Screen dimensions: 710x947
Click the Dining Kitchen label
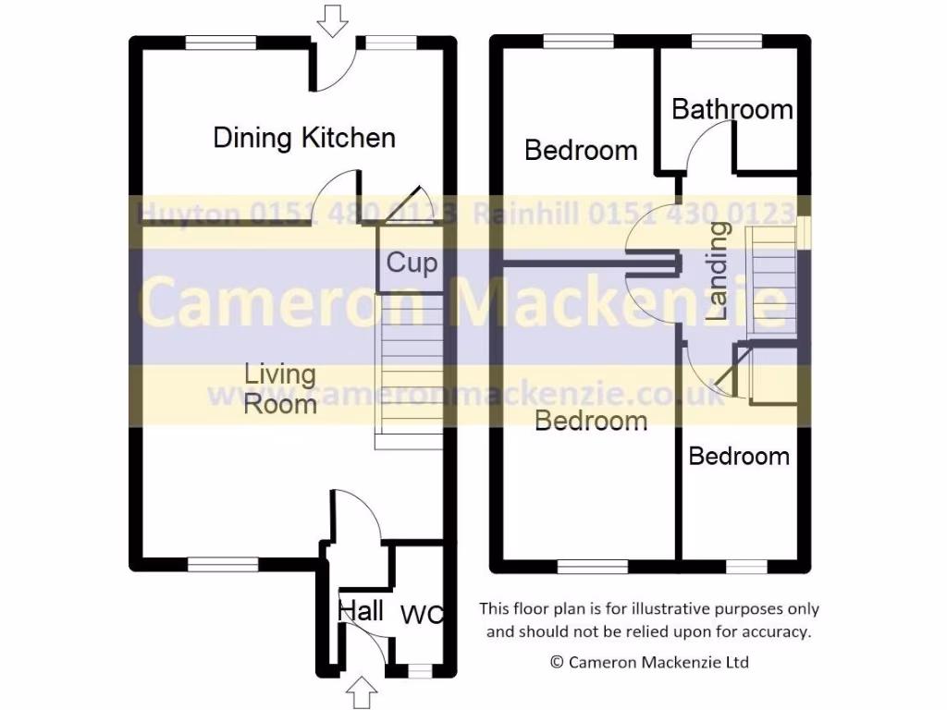coord(304,139)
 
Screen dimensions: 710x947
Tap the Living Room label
coord(280,389)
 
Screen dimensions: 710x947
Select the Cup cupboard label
coord(411,263)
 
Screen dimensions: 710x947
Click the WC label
coord(422,614)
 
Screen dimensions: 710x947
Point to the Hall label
coord(360,610)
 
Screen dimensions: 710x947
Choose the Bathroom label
coord(732,109)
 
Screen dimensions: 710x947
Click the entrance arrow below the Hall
coord(362,691)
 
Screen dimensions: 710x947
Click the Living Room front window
coord(222,563)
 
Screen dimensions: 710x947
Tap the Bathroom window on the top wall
coord(727,42)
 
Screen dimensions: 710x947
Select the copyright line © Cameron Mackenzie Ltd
coord(649,662)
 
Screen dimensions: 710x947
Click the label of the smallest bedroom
coord(739,456)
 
